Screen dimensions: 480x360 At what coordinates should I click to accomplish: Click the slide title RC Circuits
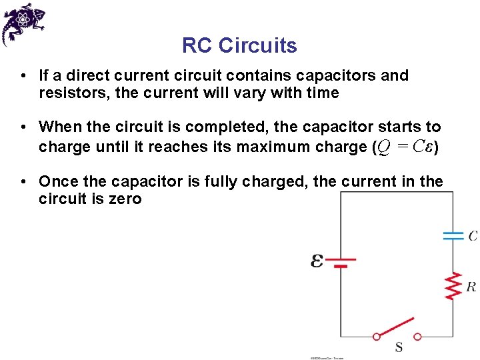tap(239, 45)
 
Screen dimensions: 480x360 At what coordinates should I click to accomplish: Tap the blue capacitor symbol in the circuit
tap(453, 235)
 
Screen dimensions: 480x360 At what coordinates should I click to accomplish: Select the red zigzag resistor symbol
tap(453, 285)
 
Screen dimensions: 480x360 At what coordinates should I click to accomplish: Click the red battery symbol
tap(341, 261)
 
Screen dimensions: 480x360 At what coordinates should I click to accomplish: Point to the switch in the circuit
tap(397, 329)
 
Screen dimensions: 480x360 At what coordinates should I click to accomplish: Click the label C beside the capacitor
tap(472, 235)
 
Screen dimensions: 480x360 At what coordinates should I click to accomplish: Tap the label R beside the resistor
tap(471, 287)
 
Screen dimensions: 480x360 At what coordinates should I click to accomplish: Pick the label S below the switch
tap(399, 347)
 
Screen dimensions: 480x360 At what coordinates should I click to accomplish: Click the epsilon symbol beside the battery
tap(317, 261)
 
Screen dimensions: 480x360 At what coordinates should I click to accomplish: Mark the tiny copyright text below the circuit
tap(327, 358)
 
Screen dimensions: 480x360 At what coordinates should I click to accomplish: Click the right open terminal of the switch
tap(417, 337)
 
